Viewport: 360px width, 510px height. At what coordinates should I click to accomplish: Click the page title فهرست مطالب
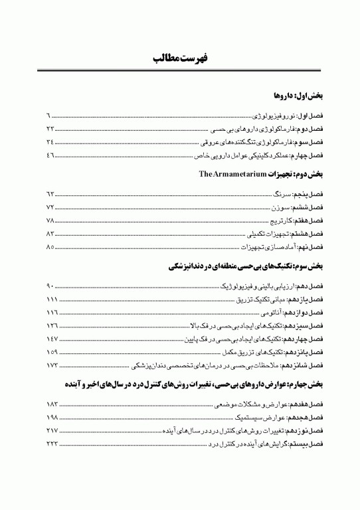tap(180, 59)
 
